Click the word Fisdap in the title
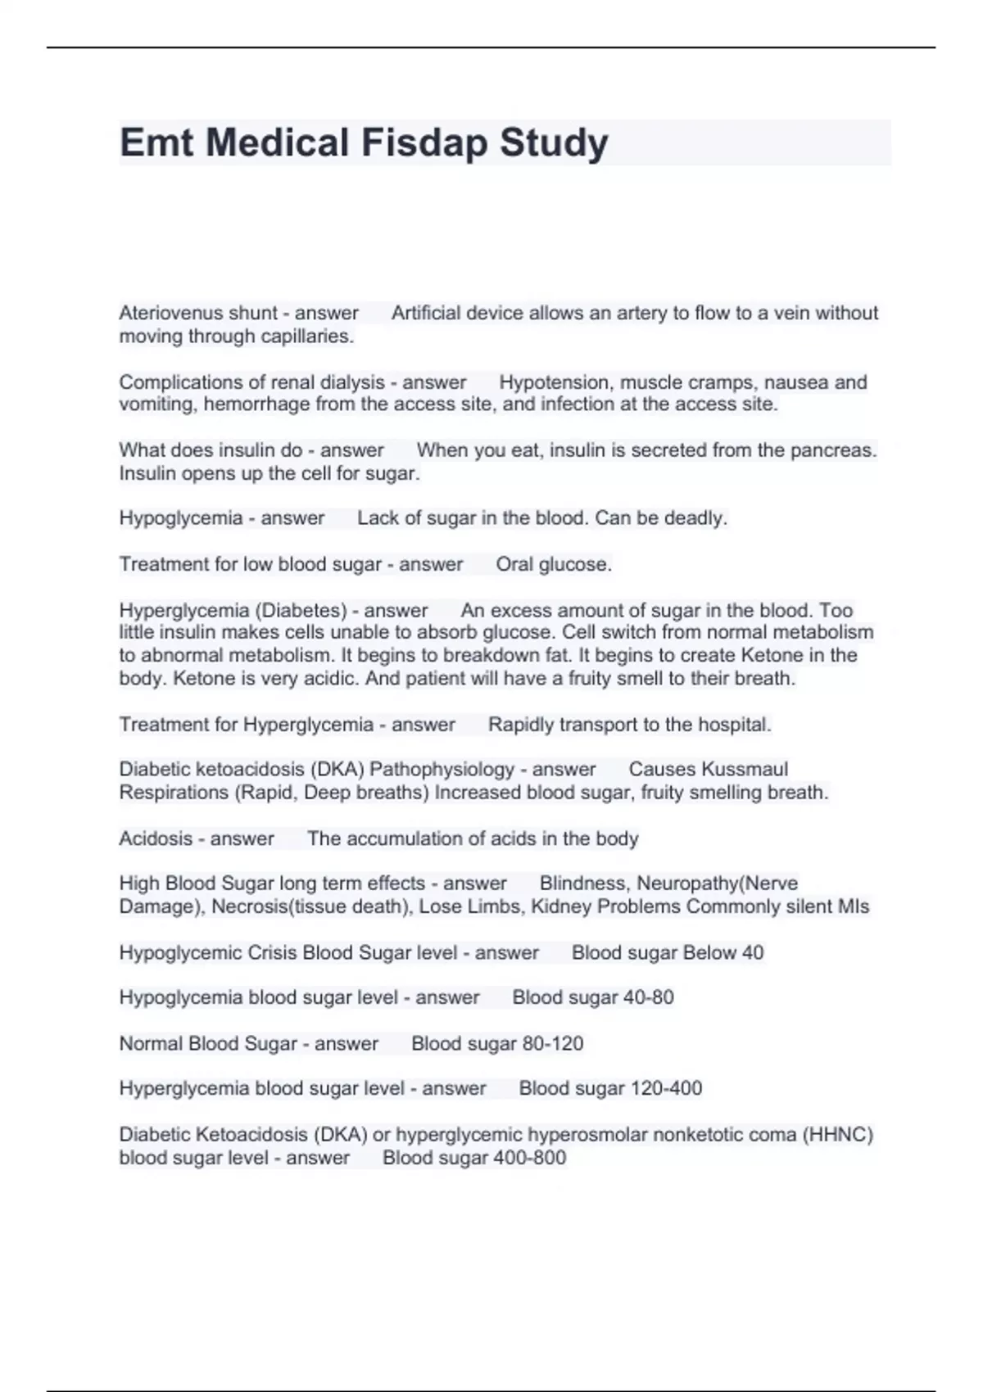tap(425, 143)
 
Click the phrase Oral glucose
tap(553, 564)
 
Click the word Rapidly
tap(522, 725)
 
